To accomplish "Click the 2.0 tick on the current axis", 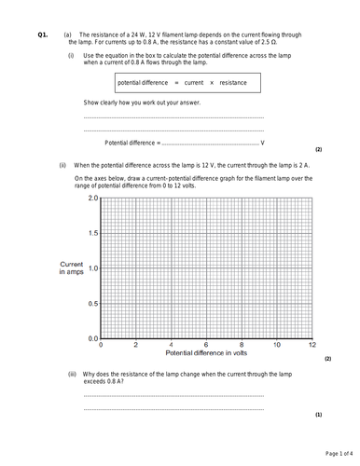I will coord(91,199).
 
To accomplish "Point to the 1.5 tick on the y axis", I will coord(91,233).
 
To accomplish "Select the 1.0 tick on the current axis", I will coord(91,268).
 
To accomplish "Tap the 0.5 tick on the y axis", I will coord(91,303).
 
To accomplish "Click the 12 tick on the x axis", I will coord(312,344).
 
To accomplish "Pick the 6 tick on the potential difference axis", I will coord(206,344).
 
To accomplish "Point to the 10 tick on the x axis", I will coord(276,344).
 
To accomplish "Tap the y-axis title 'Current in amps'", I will coord(71,268).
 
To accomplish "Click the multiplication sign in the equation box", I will coord(211,83).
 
